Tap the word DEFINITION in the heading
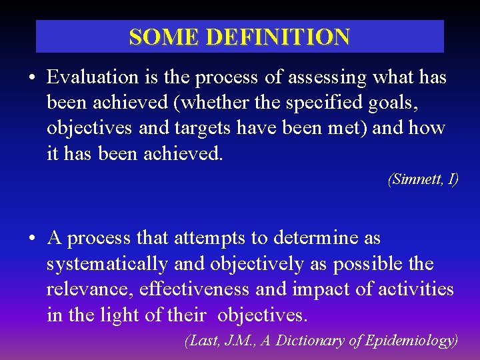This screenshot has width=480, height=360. pyautogui.click(x=277, y=37)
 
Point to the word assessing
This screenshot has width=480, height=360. pyautogui.click(x=327, y=77)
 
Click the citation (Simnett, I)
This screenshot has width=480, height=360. pyautogui.click(x=423, y=179)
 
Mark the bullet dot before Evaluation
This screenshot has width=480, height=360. pyautogui.click(x=33, y=79)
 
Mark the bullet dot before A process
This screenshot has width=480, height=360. pyautogui.click(x=33, y=239)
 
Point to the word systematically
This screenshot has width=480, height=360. pyautogui.click(x=107, y=264)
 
